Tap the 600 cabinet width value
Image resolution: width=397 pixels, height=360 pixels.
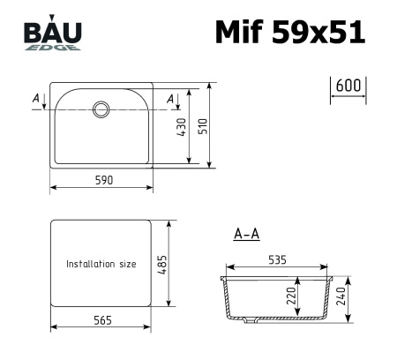[x=349, y=86]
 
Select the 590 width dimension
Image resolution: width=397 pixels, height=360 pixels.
[x=102, y=180]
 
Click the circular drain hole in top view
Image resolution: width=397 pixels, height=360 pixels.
[x=101, y=109]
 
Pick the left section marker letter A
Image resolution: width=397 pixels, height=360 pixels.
[x=35, y=99]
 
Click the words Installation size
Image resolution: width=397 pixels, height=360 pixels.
[x=101, y=264]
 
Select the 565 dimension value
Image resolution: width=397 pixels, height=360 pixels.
[x=101, y=319]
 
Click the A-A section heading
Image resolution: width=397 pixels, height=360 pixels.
[x=246, y=235]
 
